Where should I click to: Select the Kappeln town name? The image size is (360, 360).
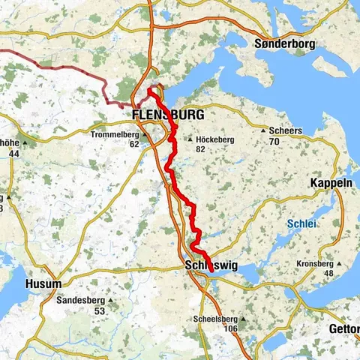coord(331,183)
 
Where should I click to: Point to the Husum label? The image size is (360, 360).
coord(43,284)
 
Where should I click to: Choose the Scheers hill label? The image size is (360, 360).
coord(286,130)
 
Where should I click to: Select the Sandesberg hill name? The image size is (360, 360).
coord(79,300)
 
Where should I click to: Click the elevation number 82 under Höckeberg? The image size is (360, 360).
coord(200,149)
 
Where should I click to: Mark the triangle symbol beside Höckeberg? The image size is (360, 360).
coord(190,139)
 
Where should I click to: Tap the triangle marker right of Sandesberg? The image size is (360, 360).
coord(109,301)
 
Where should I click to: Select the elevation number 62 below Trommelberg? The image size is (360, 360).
coord(134,145)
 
